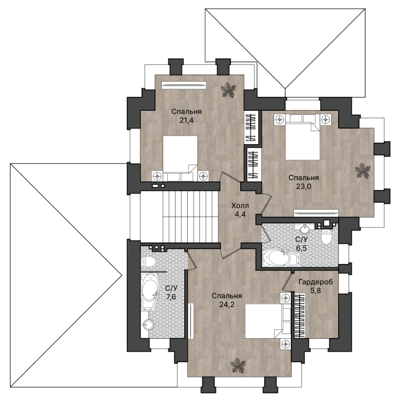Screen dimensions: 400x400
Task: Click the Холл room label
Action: point(240,205)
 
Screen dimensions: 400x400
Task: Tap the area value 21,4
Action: point(187,120)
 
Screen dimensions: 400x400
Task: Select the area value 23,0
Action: point(304,186)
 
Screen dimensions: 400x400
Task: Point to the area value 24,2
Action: point(227,304)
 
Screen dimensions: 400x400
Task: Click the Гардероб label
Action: point(316,282)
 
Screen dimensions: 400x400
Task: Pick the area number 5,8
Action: point(316,291)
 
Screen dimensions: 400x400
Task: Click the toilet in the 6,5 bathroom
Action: point(326,237)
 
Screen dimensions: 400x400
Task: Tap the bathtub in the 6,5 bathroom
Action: point(281,258)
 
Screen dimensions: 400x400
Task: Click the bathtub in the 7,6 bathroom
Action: point(150,292)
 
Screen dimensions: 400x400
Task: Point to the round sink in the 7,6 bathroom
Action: point(148,325)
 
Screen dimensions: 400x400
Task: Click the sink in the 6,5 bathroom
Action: point(305,229)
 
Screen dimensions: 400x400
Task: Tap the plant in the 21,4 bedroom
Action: point(228,90)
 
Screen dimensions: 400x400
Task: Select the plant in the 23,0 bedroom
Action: point(363,171)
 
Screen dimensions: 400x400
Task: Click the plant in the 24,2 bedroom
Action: point(238,365)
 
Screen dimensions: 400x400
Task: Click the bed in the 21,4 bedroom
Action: point(180,158)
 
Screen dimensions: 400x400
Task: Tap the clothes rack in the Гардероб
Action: point(300,315)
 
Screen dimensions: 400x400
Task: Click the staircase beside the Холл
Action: point(180,217)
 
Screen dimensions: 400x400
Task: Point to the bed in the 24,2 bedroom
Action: point(268,321)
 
